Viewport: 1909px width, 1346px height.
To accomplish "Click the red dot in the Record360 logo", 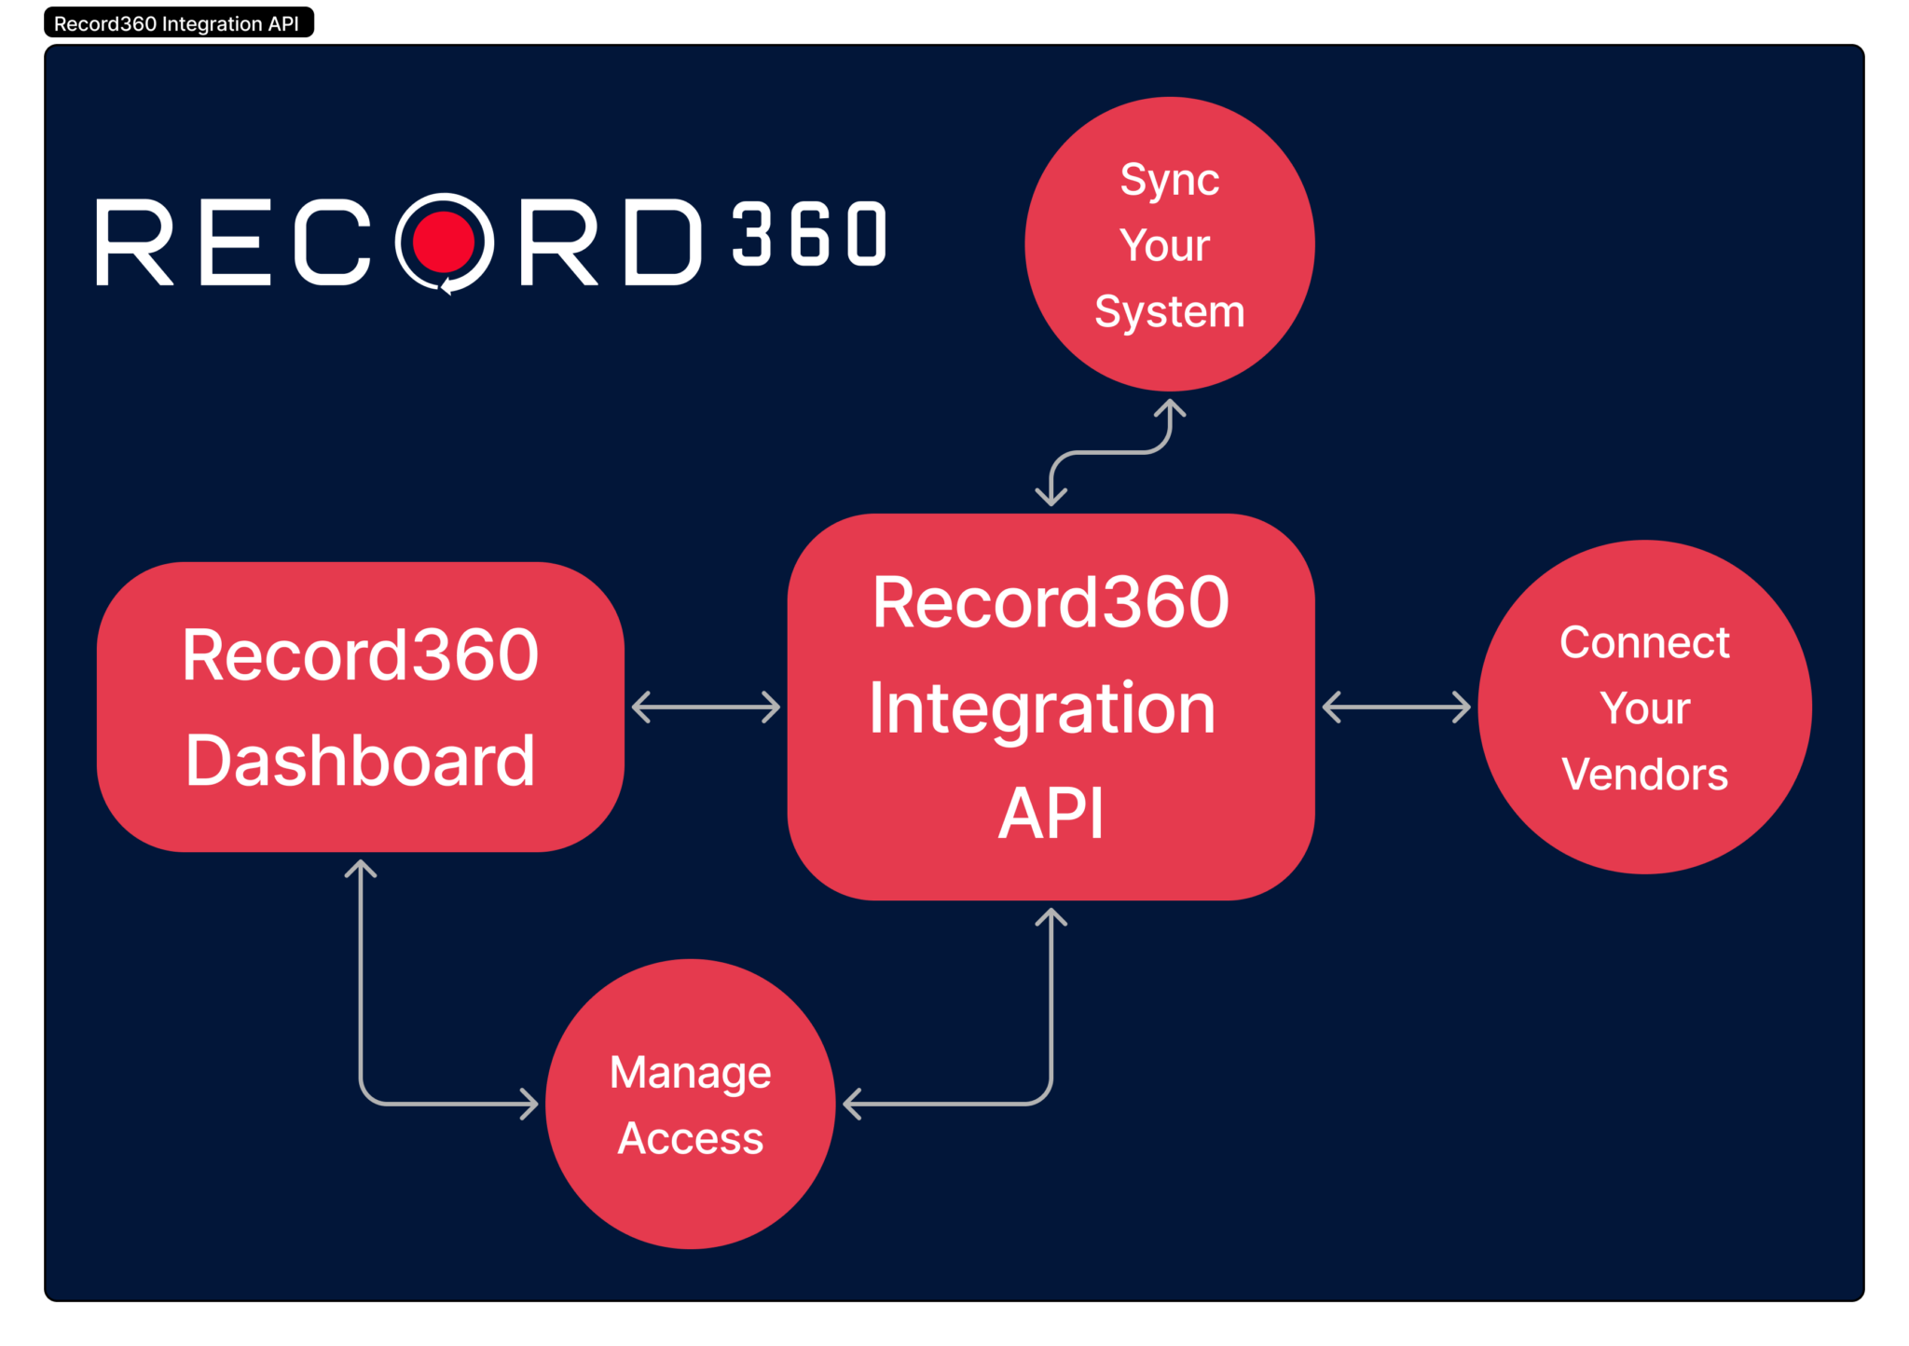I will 444,240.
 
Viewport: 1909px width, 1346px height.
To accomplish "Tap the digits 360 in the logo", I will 809,235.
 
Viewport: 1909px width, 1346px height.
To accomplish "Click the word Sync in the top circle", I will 1169,180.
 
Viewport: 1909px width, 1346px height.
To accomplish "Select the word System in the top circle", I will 1169,311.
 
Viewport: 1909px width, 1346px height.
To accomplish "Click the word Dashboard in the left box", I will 360,761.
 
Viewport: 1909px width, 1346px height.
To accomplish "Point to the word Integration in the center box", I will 1042,708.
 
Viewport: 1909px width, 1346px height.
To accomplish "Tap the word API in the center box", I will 1051,813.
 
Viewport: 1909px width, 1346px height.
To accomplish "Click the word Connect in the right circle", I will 1644,642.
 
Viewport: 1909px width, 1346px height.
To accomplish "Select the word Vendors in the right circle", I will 1644,775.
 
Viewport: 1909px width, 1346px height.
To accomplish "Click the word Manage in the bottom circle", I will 690,1073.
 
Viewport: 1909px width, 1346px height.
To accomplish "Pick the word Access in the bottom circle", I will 690,1138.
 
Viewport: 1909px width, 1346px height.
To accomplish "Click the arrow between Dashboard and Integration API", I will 706,707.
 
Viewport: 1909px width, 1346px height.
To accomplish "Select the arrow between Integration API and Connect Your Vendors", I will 1395,707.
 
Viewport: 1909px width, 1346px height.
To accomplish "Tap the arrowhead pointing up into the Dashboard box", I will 361,870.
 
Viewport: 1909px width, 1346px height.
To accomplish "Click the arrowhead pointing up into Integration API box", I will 1051,918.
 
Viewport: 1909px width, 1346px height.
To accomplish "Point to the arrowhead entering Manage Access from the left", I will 529,1104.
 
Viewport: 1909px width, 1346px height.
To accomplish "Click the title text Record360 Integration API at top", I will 176,24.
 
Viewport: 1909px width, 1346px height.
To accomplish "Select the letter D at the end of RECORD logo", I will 662,241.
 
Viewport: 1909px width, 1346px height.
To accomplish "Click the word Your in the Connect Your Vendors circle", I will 1644,708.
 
